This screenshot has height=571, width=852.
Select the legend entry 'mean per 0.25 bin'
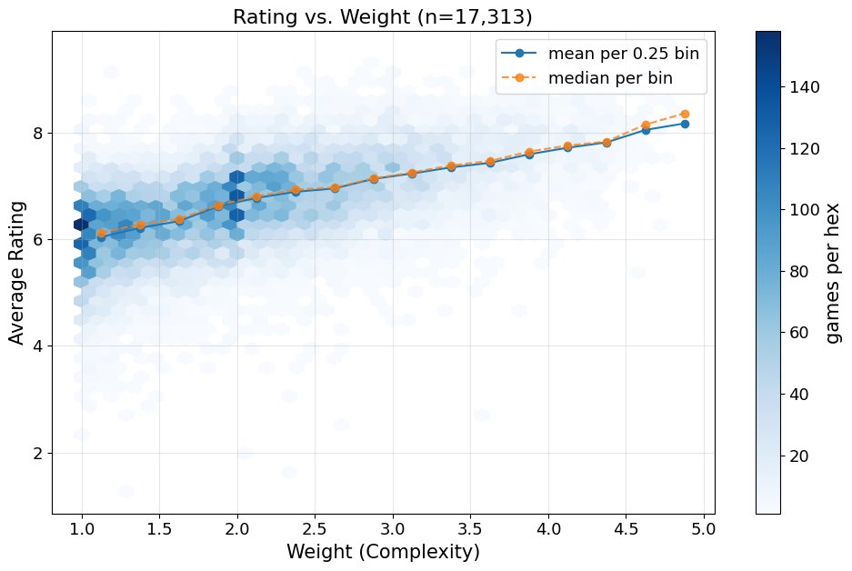(623, 54)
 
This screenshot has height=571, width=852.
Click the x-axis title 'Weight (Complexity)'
(383, 552)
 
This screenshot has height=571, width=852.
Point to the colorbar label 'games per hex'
(831, 273)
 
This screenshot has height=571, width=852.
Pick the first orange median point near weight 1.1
(101, 233)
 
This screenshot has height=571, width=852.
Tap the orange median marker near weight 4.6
(646, 125)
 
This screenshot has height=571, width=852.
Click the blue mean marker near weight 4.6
(646, 131)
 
